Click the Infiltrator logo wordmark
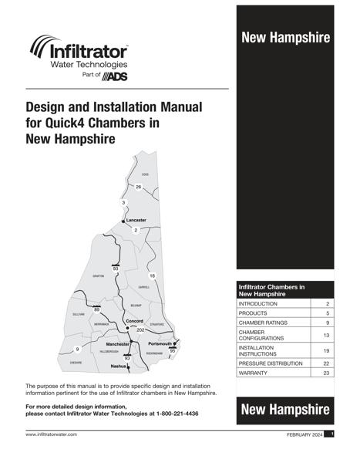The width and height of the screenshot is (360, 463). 89,52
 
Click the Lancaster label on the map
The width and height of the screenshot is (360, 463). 136,220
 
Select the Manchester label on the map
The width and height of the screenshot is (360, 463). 118,343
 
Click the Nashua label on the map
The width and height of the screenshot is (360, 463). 118,366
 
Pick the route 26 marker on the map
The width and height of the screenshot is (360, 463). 139,188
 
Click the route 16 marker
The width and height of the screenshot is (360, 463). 152,275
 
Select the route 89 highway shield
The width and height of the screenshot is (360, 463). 96,309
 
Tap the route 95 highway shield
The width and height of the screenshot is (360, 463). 172,351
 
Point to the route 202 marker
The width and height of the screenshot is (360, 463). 140,330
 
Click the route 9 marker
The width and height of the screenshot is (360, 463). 77,350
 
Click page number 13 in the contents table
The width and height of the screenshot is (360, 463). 326,336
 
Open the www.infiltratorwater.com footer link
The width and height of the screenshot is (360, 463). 55,435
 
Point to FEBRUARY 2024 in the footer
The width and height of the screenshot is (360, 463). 303,435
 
